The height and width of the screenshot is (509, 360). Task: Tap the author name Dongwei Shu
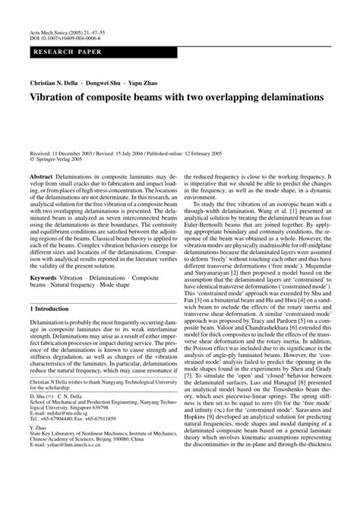click(122, 81)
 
